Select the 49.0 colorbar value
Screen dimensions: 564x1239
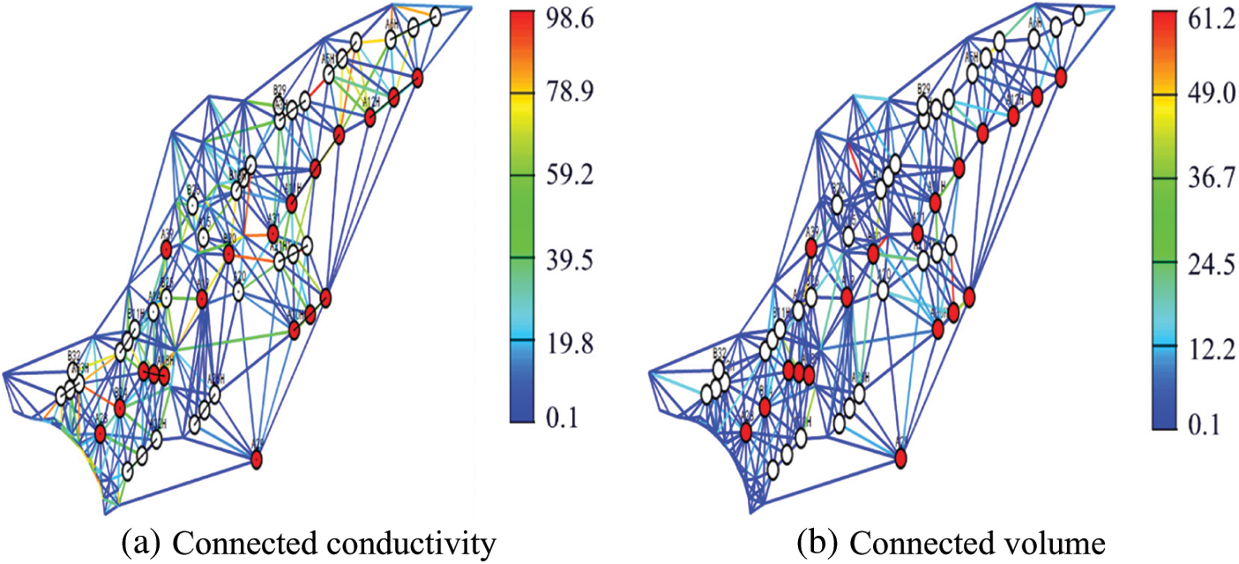pos(1205,95)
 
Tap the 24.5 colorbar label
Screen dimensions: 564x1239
pos(1205,263)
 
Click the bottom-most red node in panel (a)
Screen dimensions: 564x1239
pos(257,459)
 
